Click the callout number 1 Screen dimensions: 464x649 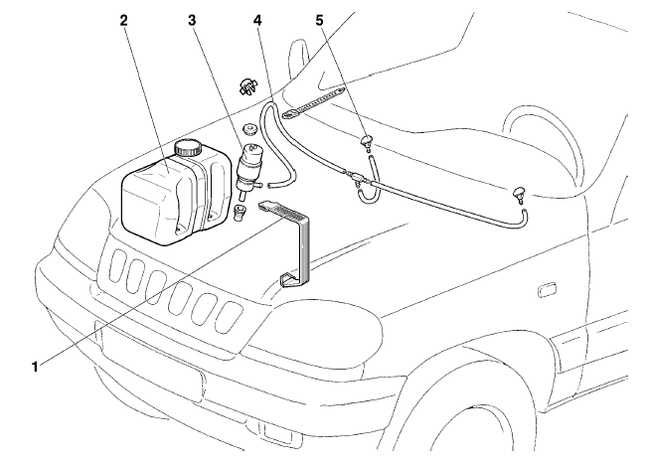click(x=37, y=366)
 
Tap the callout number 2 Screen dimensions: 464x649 click(x=125, y=20)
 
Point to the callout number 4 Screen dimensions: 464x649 click(x=257, y=20)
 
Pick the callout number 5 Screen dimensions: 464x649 click(x=320, y=20)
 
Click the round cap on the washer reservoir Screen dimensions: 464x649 click(x=187, y=149)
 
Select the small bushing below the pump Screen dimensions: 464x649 click(x=239, y=213)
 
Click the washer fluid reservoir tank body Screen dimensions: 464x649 click(x=159, y=199)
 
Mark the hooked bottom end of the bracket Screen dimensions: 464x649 click(x=287, y=279)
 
